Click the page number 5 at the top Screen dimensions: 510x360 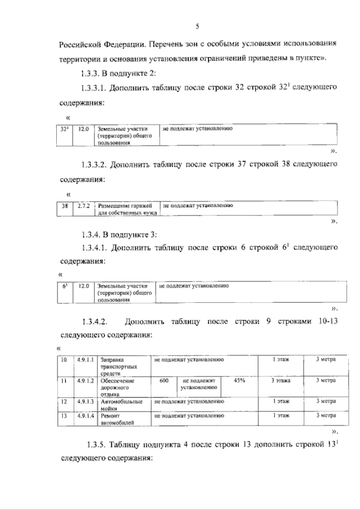coord(197,26)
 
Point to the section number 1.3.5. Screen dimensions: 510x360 coord(99,445)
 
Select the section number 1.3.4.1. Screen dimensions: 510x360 coord(94,247)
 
